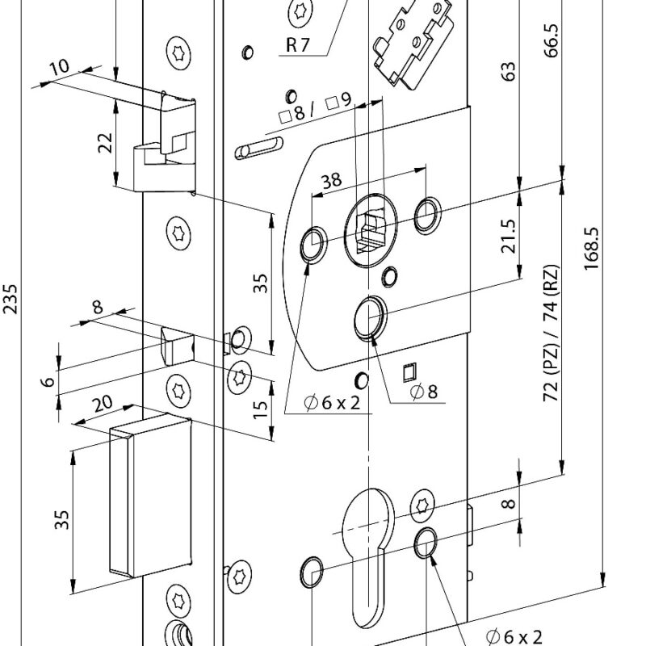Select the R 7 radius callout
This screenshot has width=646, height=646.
297,45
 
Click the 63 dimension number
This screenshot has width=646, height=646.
509,73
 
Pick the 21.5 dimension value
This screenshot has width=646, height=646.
509,235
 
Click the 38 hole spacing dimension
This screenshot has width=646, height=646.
331,182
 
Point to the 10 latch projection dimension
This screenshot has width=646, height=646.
59,69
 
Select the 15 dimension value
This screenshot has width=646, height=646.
259,410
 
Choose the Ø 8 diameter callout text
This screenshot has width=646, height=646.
423,392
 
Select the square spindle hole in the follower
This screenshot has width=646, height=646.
367,229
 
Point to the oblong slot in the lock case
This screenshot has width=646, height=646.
258,149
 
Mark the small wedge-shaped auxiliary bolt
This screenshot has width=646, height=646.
176,346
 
